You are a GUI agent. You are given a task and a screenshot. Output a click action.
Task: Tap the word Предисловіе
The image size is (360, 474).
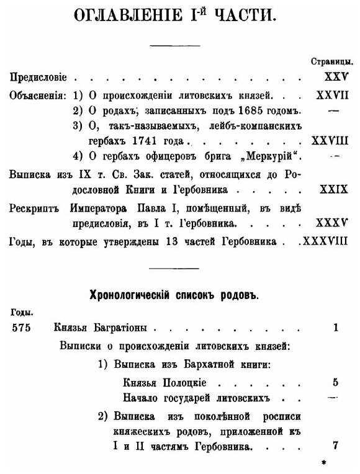pyautogui.click(x=39, y=78)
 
